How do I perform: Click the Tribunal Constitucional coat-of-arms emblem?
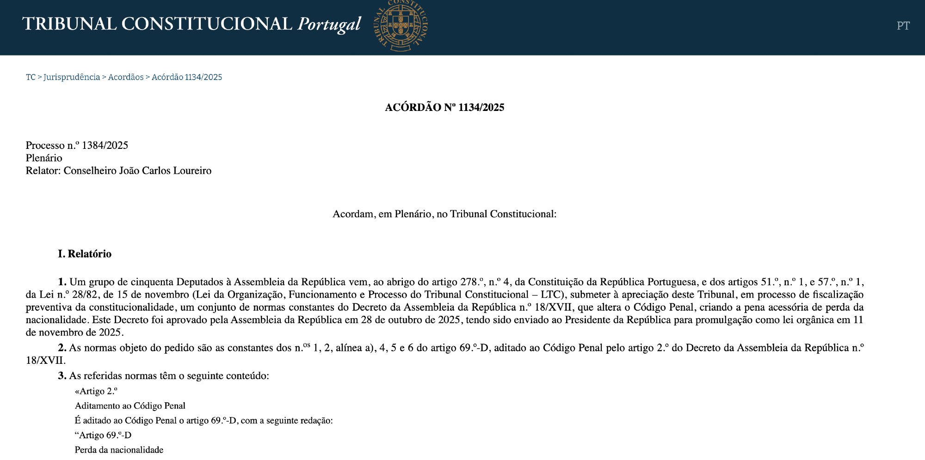click(x=401, y=25)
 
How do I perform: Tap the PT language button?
click(x=903, y=26)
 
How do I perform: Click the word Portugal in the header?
click(x=329, y=24)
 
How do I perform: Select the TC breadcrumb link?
click(x=31, y=77)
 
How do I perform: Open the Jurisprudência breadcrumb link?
click(x=72, y=77)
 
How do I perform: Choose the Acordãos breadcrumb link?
click(x=126, y=77)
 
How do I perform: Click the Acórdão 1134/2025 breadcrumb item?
click(x=187, y=77)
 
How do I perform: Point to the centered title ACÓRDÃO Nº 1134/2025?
click(x=444, y=108)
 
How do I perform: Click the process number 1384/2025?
click(x=105, y=146)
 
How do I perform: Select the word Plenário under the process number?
click(x=44, y=158)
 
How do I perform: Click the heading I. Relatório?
click(x=85, y=254)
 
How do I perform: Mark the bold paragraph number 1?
click(x=62, y=282)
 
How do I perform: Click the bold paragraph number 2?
click(x=62, y=348)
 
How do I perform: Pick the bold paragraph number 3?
click(x=62, y=376)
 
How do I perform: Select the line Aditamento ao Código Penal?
click(x=130, y=406)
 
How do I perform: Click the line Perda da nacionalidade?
click(x=119, y=450)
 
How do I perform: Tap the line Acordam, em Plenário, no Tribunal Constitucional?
click(x=444, y=214)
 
